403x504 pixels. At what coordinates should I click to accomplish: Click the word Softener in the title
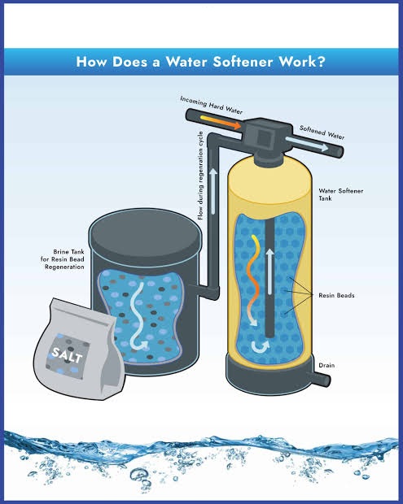(x=243, y=62)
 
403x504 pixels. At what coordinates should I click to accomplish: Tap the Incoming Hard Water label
(x=211, y=105)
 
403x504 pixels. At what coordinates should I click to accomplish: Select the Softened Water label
(x=322, y=133)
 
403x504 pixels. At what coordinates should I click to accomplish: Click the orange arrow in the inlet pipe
(x=221, y=122)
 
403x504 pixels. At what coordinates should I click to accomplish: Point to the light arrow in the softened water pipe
(x=307, y=144)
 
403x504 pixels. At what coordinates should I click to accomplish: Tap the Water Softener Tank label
(x=341, y=194)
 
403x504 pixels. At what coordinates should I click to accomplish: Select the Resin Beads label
(x=336, y=295)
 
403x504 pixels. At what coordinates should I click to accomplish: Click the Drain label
(x=326, y=365)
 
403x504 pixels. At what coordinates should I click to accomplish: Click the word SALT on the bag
(x=67, y=354)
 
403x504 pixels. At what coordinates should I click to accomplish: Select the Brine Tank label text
(x=63, y=259)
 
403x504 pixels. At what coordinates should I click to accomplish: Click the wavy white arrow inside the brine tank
(x=138, y=316)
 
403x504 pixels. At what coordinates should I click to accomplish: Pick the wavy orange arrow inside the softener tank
(x=253, y=280)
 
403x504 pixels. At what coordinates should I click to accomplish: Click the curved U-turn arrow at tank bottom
(x=260, y=347)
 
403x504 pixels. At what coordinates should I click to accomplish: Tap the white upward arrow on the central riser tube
(x=269, y=271)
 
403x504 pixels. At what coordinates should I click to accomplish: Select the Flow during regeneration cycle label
(x=200, y=176)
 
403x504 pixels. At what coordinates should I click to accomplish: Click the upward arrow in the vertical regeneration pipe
(x=212, y=191)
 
